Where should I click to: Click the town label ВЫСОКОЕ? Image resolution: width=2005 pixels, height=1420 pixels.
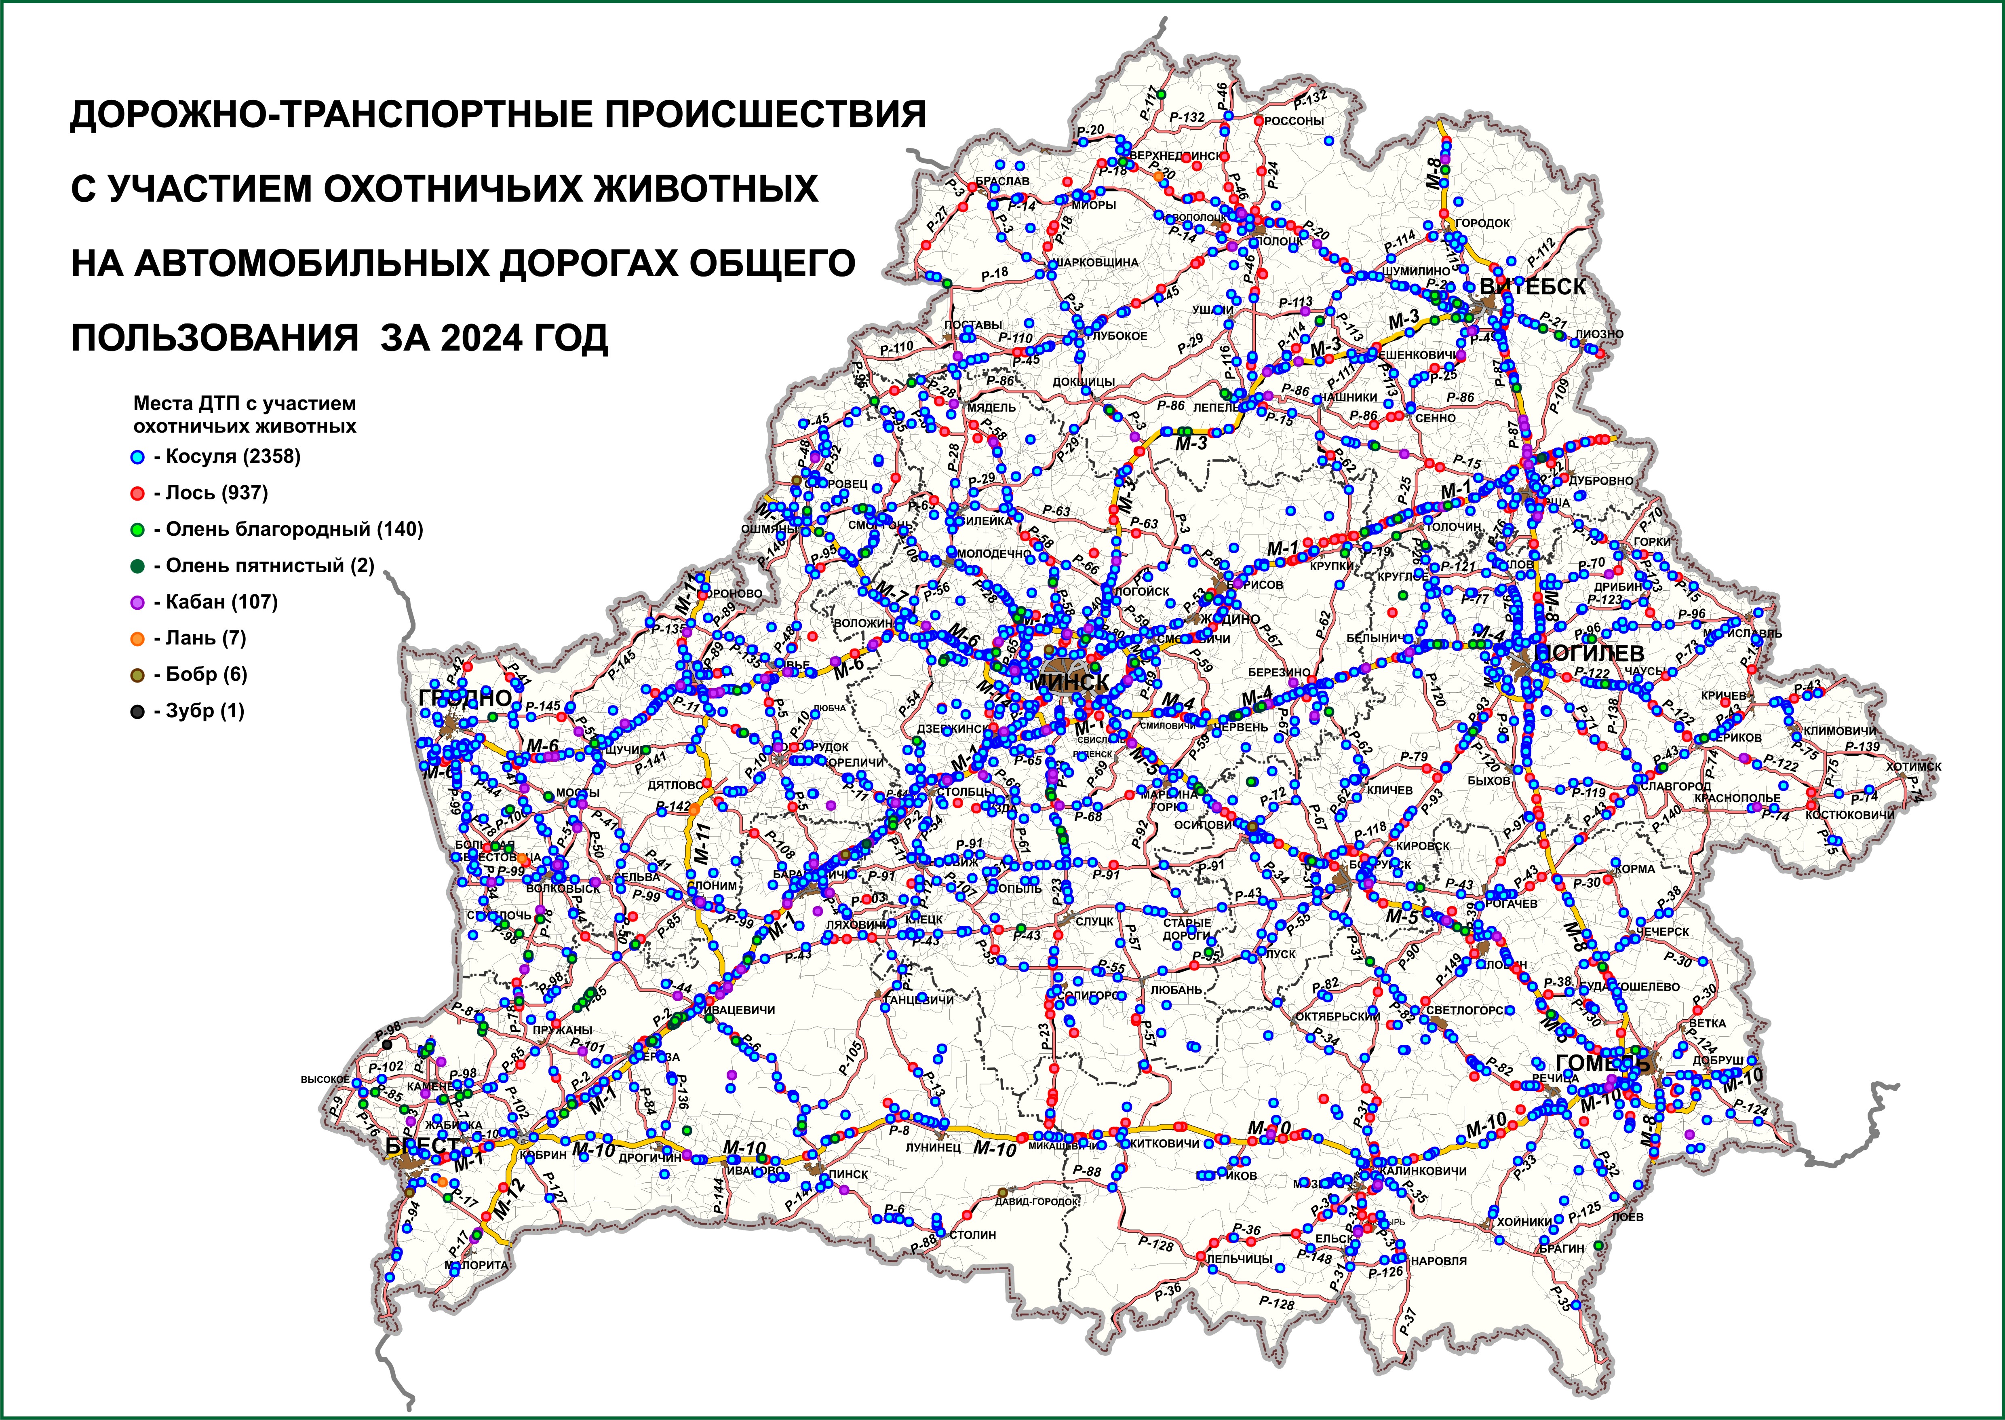[x=325, y=1079]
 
